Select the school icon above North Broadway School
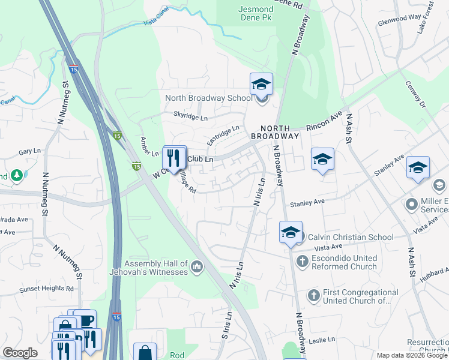coord(261,84)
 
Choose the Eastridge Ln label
coord(223,135)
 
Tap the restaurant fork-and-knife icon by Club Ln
coord(175,158)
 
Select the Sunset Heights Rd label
coord(45,289)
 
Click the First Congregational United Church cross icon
coord(313,295)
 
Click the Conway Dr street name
coord(414,95)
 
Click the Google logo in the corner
coord(20,353)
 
